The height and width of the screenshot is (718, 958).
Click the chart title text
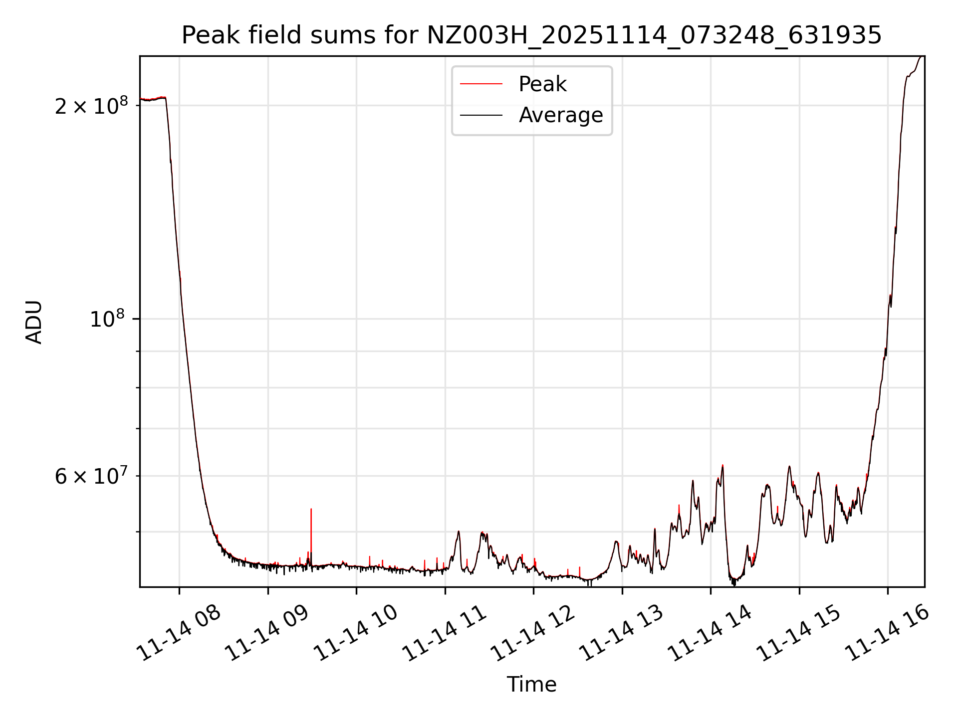click(531, 35)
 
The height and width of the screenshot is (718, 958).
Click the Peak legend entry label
click(542, 84)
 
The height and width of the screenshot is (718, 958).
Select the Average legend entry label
click(561, 115)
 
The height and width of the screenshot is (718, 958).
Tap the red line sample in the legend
click(481, 84)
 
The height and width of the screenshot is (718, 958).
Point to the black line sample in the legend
click(481, 115)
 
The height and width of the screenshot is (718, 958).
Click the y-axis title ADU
click(34, 322)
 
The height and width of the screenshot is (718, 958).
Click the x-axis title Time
click(531, 684)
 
